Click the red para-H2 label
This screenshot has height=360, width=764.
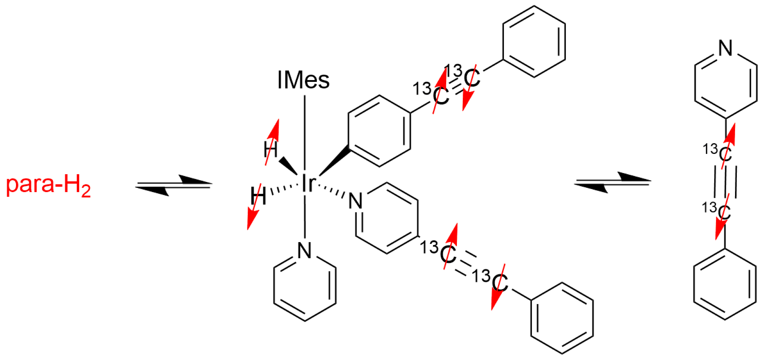pos(48,185)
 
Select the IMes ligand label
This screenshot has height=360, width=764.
pos(303,80)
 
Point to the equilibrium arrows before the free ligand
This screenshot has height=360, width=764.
pos(612,182)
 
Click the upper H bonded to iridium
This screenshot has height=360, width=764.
pos(270,150)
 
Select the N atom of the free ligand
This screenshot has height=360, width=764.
pos(725,48)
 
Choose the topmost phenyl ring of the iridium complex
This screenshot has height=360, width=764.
pos(534,41)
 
